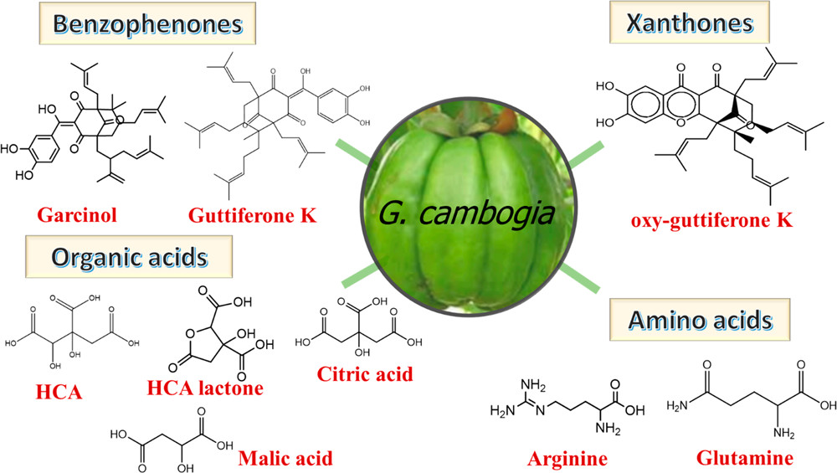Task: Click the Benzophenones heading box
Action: point(147,24)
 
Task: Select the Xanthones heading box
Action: point(690,23)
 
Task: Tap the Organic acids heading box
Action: point(129,257)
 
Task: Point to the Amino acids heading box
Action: point(701,321)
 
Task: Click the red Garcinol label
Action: point(77,215)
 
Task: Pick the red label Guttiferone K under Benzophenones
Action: point(253,216)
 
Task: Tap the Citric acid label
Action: point(365,374)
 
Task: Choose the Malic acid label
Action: point(285,459)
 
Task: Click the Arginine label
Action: point(567,459)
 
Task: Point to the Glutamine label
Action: point(745,458)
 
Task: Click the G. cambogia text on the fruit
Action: point(466,213)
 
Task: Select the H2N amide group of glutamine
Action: point(677,406)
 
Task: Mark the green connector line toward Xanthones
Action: point(585,154)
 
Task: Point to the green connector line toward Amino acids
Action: point(579,277)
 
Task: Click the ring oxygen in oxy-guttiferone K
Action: point(680,123)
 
